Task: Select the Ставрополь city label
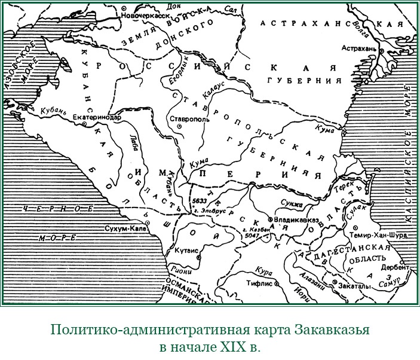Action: pyautogui.click(x=189, y=120)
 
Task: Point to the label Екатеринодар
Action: pyautogui.click(x=96, y=118)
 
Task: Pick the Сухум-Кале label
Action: pyautogui.click(x=124, y=228)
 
